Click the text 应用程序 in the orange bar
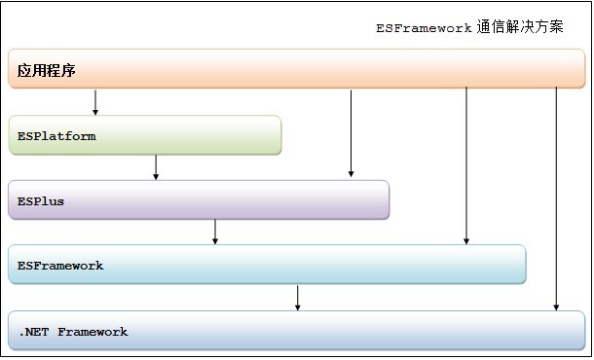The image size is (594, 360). (47, 71)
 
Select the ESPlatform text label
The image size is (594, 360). (56, 136)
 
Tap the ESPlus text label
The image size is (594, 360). (41, 201)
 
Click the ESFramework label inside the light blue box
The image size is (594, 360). (60, 266)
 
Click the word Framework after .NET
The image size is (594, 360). (93, 332)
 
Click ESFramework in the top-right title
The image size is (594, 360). (425, 28)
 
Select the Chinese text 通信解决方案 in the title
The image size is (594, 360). (521, 27)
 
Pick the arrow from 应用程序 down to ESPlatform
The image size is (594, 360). (95, 101)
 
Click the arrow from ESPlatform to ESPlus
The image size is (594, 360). (156, 167)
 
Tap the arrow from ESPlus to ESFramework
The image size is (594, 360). (215, 232)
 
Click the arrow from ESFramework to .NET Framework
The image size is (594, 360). (298, 298)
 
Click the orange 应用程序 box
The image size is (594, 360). (292, 69)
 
